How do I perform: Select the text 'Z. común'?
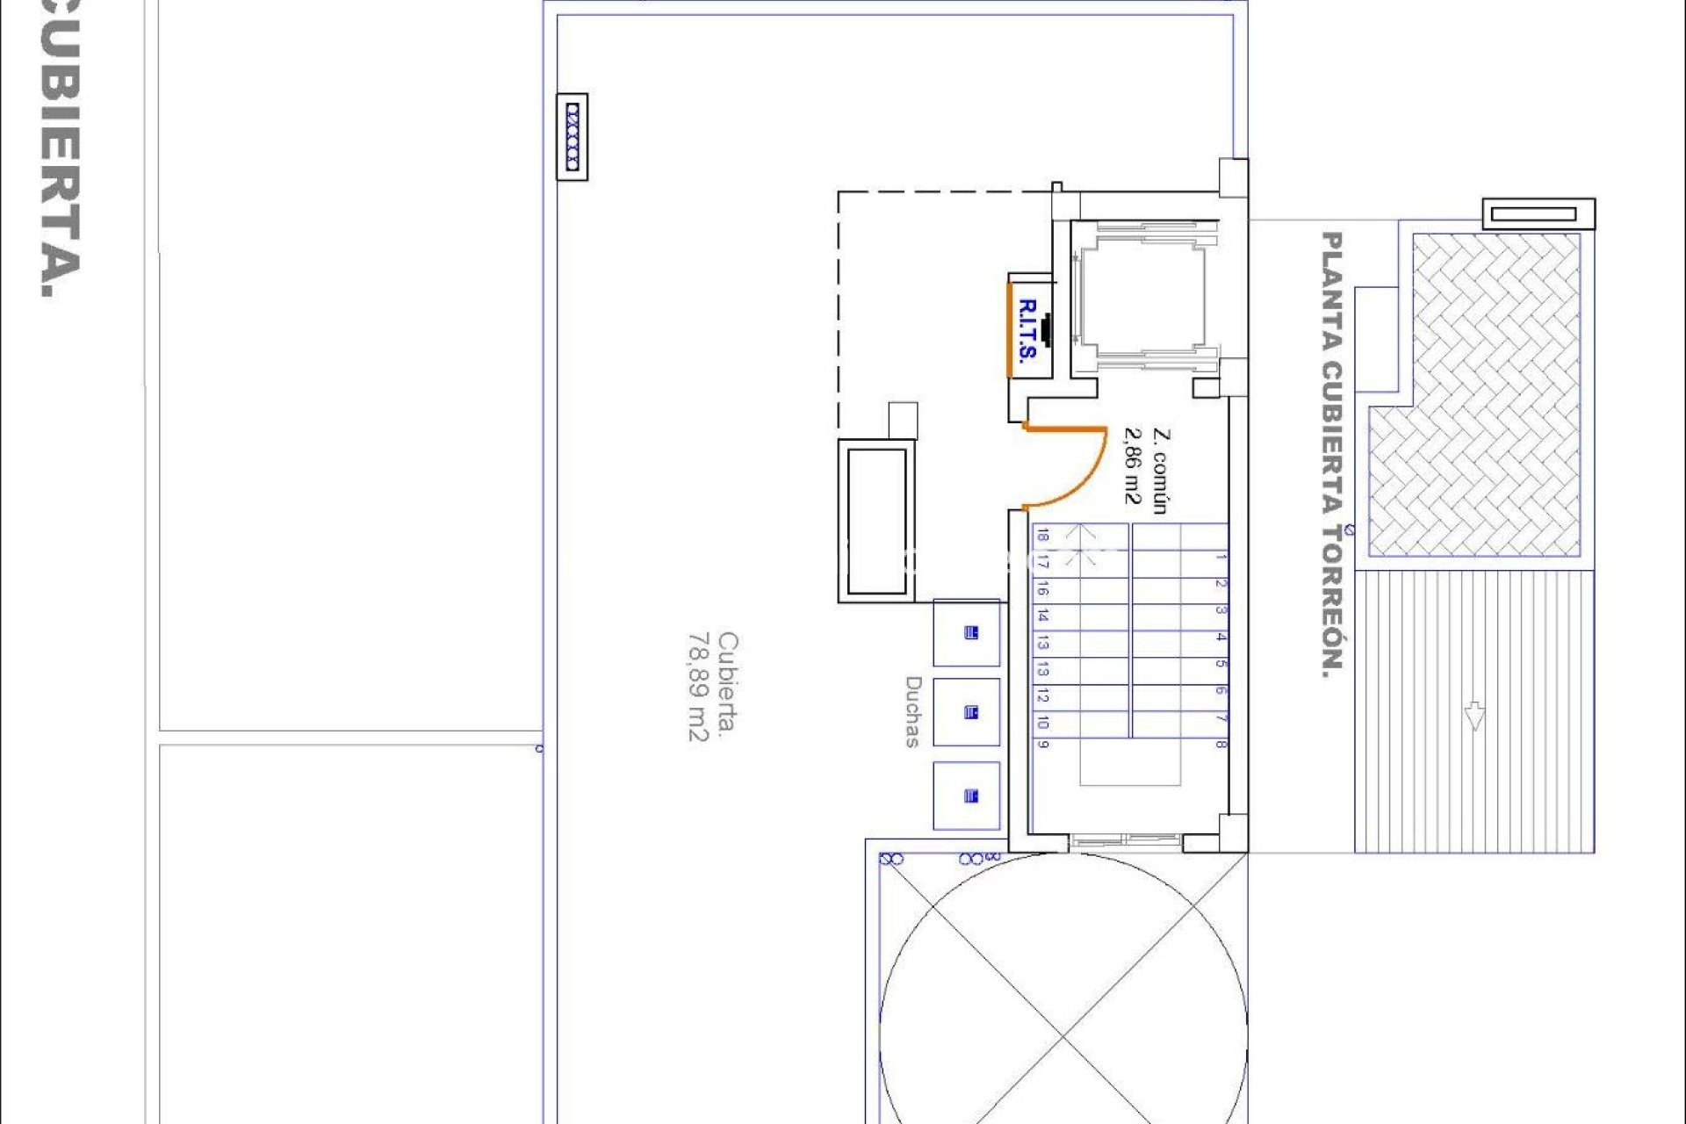[x=1159, y=471]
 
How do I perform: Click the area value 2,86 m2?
[x=1134, y=466]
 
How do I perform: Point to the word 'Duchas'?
[x=913, y=711]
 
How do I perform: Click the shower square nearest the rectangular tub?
[x=966, y=633]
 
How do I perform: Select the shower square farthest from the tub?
[x=966, y=796]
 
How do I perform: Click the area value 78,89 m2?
[x=697, y=687]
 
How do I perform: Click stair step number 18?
[x=1042, y=535]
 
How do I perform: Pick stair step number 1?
[x=1221, y=557]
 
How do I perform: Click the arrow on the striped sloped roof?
[x=1474, y=716]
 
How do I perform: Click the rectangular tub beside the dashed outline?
[x=876, y=522]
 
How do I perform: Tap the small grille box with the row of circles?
[x=573, y=137]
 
